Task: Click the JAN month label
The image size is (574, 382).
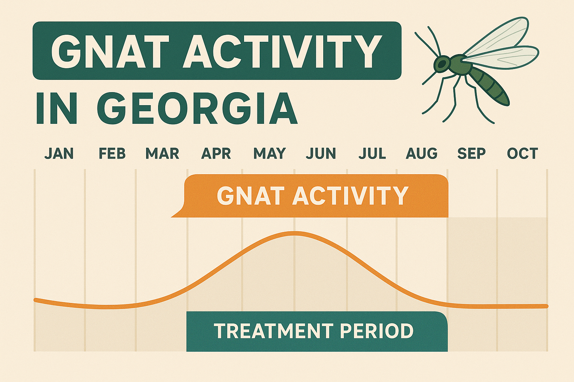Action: (x=59, y=154)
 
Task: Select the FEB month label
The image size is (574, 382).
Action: (x=112, y=154)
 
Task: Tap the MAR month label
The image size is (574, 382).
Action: (x=162, y=154)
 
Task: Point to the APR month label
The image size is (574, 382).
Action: (x=216, y=154)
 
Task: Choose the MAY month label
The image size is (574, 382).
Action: (x=269, y=154)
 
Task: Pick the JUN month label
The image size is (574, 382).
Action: (x=321, y=154)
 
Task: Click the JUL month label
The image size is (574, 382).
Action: (x=372, y=154)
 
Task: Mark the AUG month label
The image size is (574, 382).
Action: (x=422, y=154)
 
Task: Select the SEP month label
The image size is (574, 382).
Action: (x=471, y=154)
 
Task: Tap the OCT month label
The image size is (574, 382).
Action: (x=522, y=154)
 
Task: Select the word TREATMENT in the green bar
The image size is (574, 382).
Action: (x=273, y=331)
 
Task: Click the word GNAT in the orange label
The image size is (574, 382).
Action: (x=248, y=196)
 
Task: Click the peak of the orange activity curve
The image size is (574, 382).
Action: (x=294, y=234)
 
